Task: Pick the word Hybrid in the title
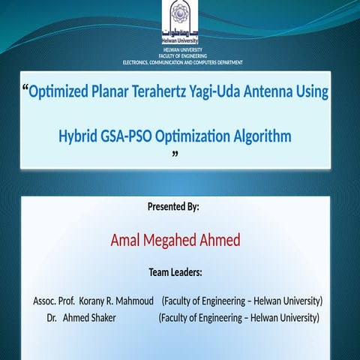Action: pyautogui.click(x=77, y=136)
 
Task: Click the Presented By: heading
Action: pyautogui.click(x=173, y=206)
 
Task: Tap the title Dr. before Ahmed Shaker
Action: pyautogui.click(x=52, y=318)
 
